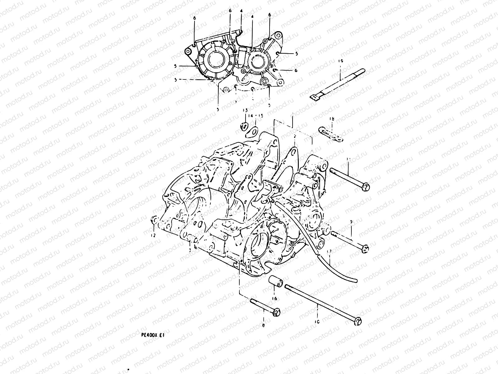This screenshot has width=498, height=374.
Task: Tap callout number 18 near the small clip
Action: pos(332,119)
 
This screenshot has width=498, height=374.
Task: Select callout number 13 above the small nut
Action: pos(245,110)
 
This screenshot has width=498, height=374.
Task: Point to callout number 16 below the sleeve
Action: pos(274,299)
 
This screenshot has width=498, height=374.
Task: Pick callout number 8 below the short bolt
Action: pos(263,325)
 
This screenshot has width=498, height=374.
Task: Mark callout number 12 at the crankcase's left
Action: pos(153,235)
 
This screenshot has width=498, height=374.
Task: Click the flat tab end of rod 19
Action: pos(315,98)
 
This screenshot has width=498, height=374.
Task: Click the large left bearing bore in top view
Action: pos(217,61)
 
